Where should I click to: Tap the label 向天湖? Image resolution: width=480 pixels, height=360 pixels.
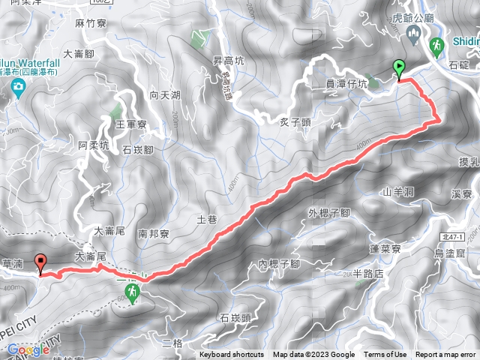164,95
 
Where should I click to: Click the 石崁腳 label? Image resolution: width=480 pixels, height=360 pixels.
137,149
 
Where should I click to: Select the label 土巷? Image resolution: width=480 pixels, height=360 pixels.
206,220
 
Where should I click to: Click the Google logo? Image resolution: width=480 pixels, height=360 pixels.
28,349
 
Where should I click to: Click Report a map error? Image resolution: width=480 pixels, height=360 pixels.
445,355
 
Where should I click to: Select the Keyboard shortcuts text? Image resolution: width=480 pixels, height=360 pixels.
231,355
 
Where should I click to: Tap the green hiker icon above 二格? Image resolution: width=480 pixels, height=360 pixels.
133,292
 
